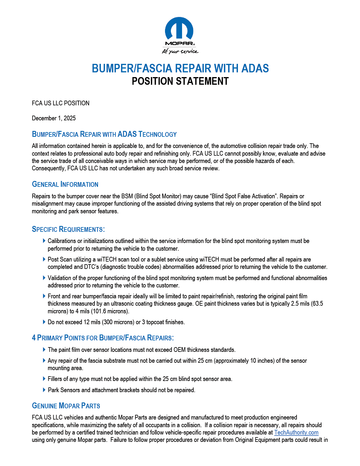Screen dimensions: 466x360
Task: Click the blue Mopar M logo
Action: [179, 29]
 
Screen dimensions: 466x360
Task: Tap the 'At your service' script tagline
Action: [180, 51]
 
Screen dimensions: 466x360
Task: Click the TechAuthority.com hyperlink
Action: [296, 432]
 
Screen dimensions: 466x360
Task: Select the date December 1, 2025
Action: [54, 118]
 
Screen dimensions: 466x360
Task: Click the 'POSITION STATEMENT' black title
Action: [180, 81]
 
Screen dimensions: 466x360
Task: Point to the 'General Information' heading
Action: [65, 184]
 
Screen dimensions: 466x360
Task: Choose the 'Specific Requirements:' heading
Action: [68, 229]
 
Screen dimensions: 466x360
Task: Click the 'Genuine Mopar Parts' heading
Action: [66, 406]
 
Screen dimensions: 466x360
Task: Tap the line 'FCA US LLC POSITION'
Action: [61, 103]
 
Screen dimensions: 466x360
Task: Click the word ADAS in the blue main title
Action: [255, 69]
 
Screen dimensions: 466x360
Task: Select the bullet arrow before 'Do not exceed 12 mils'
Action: [44, 322]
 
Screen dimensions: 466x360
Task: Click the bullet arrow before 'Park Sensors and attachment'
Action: [44, 390]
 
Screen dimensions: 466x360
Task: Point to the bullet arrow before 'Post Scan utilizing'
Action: [44, 259]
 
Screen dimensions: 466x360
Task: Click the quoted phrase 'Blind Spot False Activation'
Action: [243, 196]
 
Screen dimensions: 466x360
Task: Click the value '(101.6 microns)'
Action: [110, 311]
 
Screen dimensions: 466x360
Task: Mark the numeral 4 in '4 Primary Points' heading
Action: [34, 338]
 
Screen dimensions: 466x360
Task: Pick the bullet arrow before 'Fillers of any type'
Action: [44, 379]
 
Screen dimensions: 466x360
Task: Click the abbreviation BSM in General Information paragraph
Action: [127, 196]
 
